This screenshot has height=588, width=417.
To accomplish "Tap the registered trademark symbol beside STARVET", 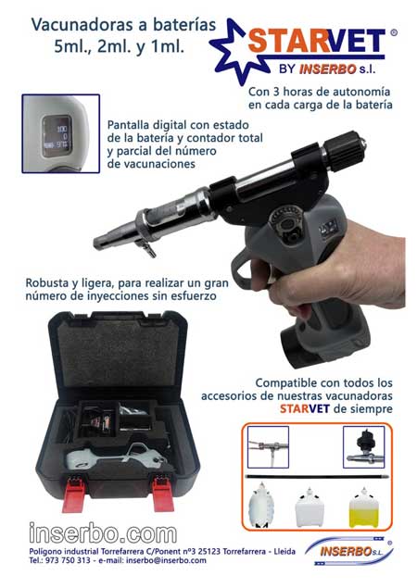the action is click(x=394, y=32).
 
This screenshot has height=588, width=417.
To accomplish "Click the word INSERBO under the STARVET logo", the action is click(x=328, y=69).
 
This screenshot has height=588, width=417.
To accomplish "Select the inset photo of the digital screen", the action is click(x=61, y=133).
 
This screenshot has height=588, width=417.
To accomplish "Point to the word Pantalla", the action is click(x=128, y=124).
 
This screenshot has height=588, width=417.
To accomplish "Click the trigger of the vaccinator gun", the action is click(x=240, y=269).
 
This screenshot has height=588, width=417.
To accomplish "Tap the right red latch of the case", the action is click(x=163, y=494).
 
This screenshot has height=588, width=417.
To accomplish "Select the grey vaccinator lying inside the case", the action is click(x=117, y=457).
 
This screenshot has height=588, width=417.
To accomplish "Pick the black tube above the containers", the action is click(x=317, y=477).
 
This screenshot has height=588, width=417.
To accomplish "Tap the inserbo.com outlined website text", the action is click(x=103, y=532).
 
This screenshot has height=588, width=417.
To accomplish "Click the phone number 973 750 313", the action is click(x=68, y=560).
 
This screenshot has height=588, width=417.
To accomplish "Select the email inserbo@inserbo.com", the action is click(x=166, y=560).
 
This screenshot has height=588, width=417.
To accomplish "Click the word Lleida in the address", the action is click(x=284, y=551).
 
